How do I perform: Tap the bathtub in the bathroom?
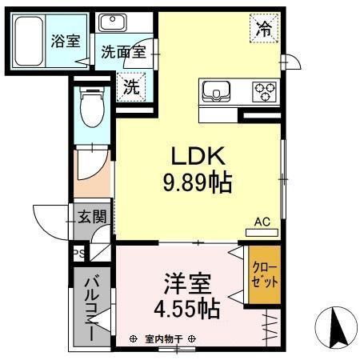31,41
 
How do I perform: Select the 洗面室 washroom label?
122,54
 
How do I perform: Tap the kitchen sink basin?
217,91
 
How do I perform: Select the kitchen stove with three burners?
265,91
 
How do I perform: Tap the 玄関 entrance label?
92,217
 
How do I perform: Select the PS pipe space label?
78,254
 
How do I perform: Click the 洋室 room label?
187,284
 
